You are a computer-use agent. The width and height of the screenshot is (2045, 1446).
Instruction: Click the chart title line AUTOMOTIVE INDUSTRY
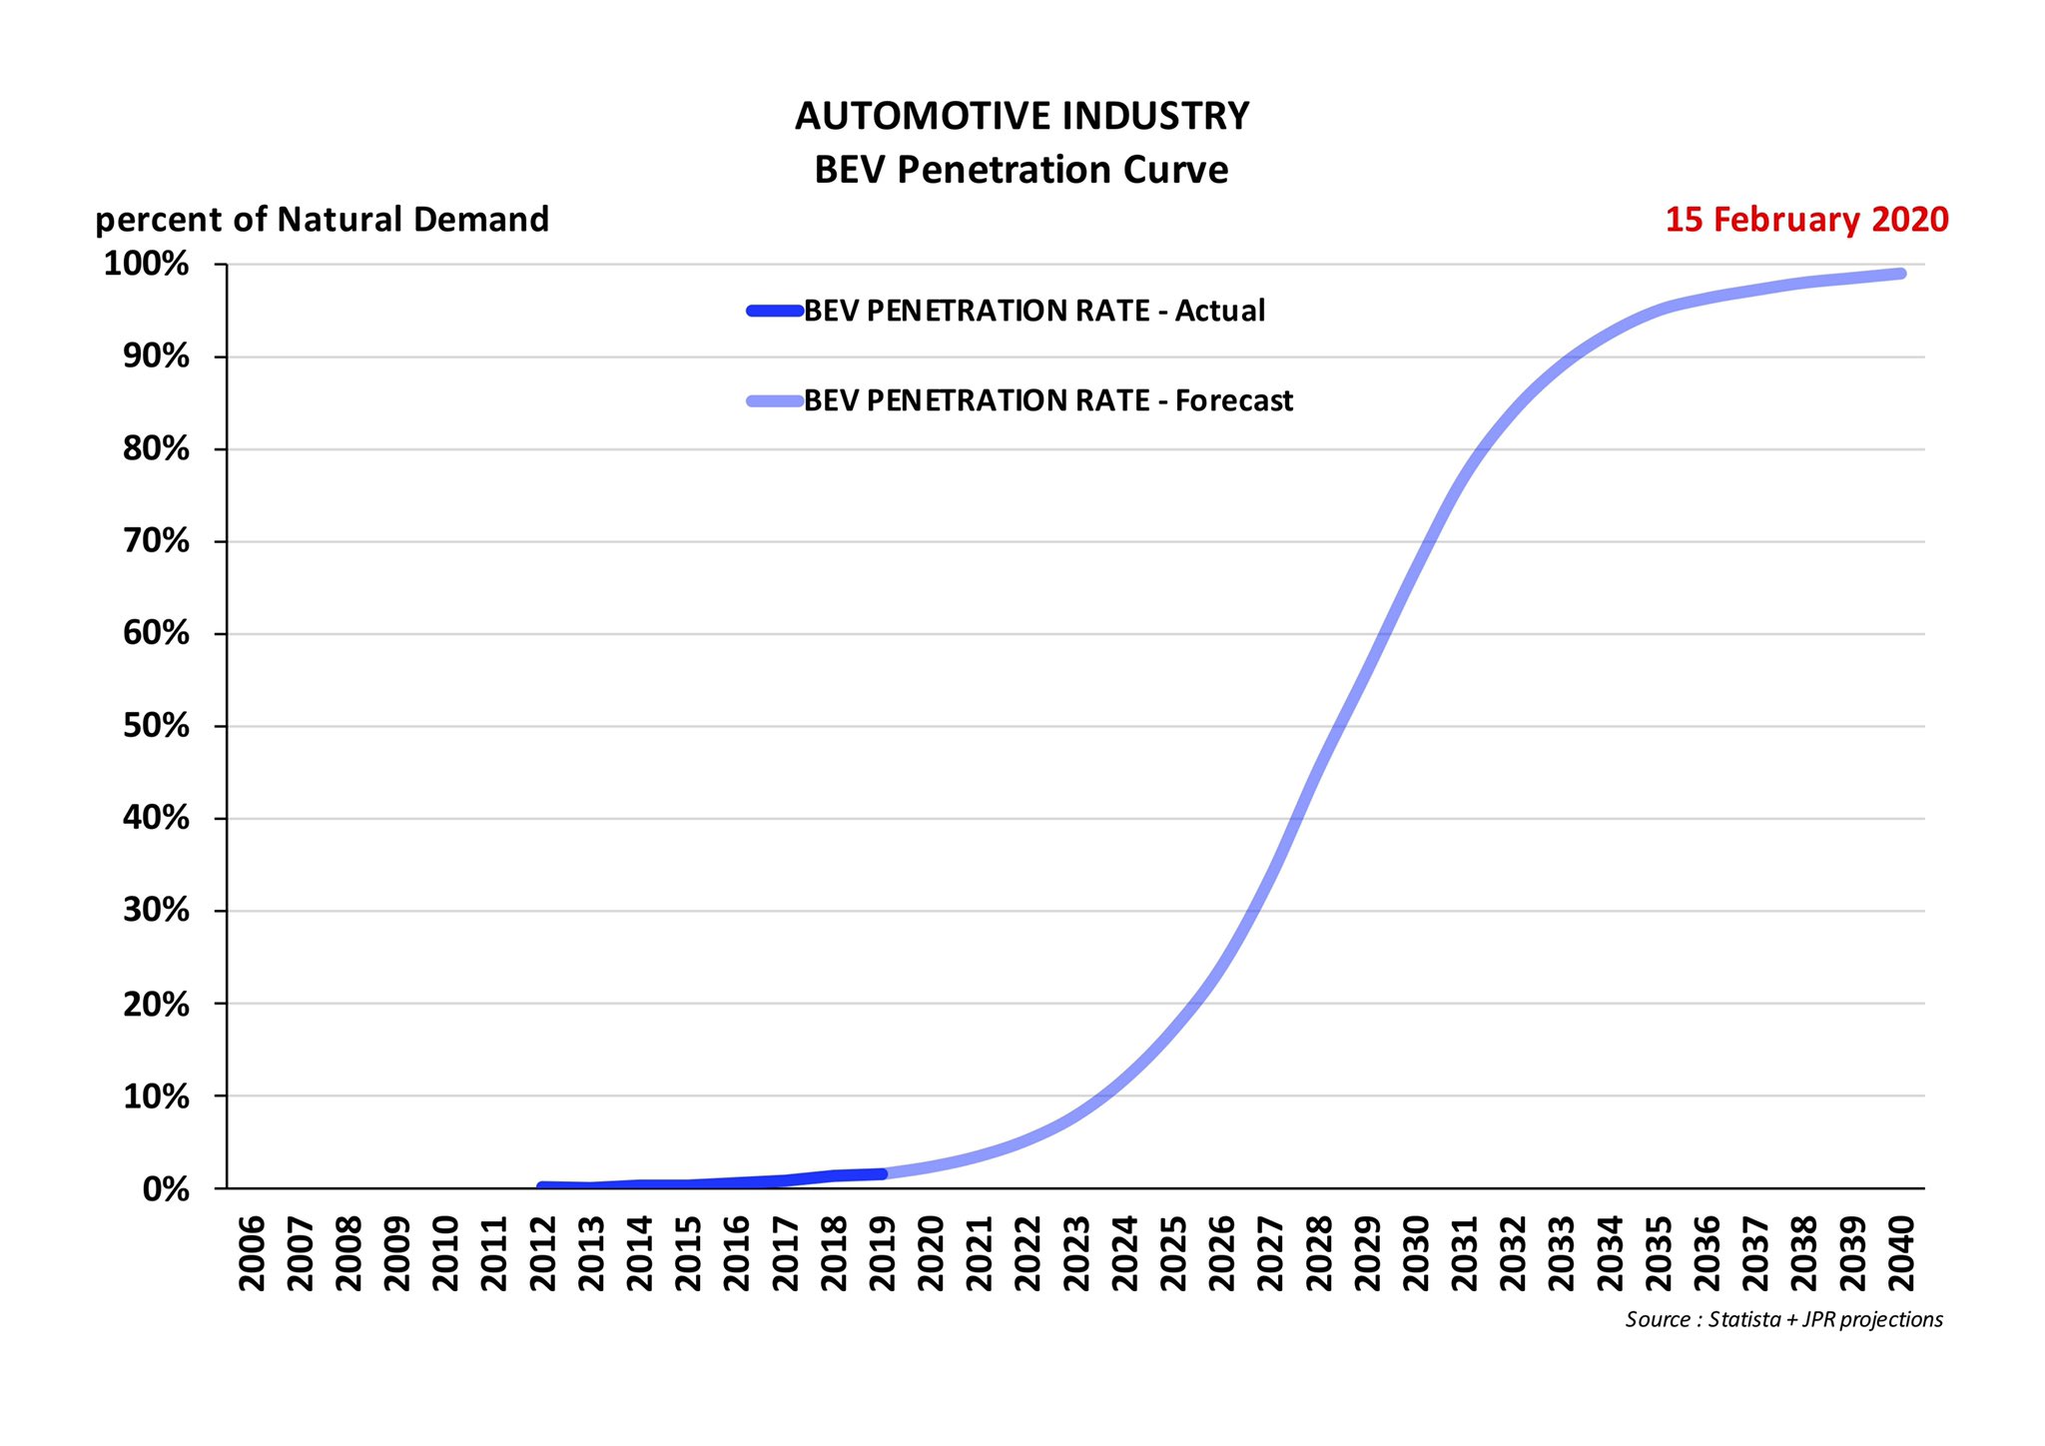point(1022,117)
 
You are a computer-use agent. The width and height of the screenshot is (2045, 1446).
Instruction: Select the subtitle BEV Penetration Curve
point(1022,170)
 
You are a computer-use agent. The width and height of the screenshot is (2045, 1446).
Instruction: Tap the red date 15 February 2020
point(1805,220)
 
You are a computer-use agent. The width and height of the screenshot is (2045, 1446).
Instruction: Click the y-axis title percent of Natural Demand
point(322,220)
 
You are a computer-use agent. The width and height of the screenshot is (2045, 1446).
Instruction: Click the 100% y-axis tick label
point(147,265)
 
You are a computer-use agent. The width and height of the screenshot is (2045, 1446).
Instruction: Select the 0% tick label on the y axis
point(166,1189)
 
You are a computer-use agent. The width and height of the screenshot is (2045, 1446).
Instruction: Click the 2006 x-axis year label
point(252,1253)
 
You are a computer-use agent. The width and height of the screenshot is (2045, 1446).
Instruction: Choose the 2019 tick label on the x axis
point(882,1253)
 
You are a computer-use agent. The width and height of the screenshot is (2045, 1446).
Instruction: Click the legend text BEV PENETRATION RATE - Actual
point(1033,312)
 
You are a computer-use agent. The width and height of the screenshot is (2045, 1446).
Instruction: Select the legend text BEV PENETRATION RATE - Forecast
point(1047,401)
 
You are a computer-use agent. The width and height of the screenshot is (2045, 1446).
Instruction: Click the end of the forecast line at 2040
point(1900,274)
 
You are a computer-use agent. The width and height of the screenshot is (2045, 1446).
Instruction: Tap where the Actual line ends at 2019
point(882,1173)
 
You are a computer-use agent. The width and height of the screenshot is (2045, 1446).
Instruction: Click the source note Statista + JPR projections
point(1783,1320)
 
